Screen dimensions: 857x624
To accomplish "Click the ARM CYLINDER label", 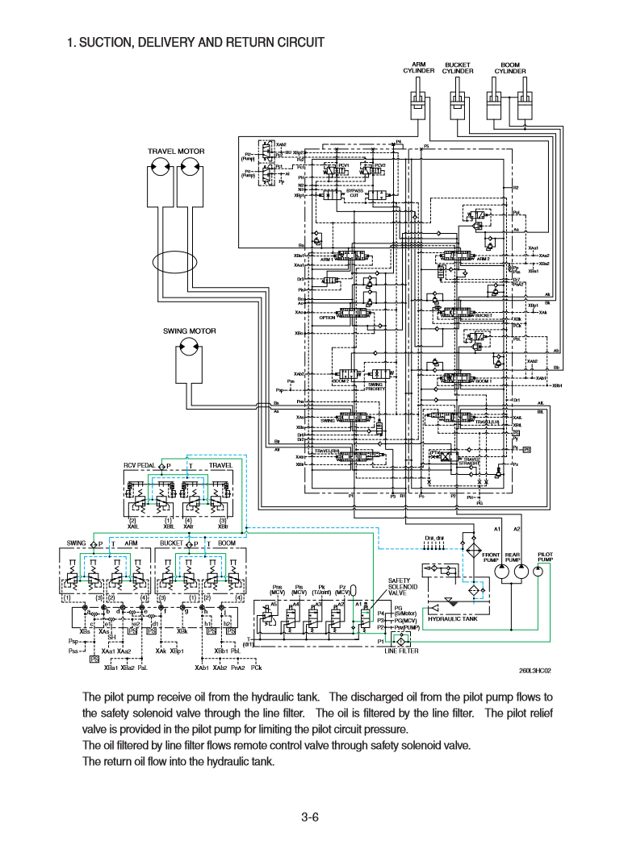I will pyautogui.click(x=419, y=67).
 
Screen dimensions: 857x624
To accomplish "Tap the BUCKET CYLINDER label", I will pyautogui.click(x=458, y=67).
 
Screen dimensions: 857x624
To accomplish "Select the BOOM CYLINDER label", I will pyautogui.click(x=510, y=67).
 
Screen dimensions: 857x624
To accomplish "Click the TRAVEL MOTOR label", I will pyautogui.click(x=176, y=152).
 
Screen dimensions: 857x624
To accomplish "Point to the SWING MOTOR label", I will pyautogui.click(x=190, y=331).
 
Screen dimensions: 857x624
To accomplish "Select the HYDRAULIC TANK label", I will pyautogui.click(x=453, y=618).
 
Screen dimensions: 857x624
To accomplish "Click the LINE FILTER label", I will pyautogui.click(x=401, y=651).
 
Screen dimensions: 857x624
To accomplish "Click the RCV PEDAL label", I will pyautogui.click(x=139, y=466).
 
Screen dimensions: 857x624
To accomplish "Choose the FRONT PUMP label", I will pyautogui.click(x=491, y=557).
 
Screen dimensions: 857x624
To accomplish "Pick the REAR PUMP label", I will pyautogui.click(x=513, y=557).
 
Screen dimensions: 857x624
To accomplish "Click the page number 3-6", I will pyautogui.click(x=311, y=817).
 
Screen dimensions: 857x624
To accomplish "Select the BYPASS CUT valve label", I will pyautogui.click(x=354, y=193).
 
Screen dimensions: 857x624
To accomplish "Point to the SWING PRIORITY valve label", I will pyautogui.click(x=375, y=386).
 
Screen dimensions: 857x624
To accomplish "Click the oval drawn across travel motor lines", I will pyautogui.click(x=176, y=261).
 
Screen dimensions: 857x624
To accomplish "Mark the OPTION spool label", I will pyautogui.click(x=327, y=318).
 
